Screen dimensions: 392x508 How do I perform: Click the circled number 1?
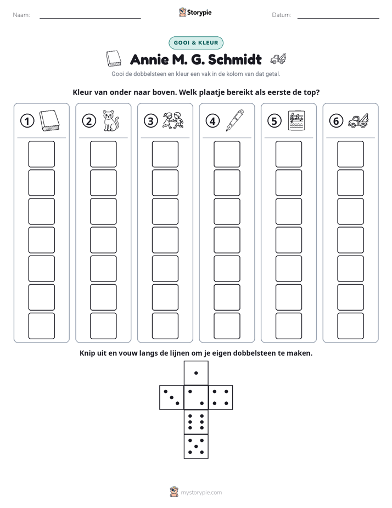[x=27, y=121]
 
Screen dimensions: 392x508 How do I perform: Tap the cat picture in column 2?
[x=110, y=120]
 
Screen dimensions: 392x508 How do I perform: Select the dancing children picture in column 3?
[x=173, y=120]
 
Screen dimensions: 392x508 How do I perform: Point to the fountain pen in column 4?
[x=235, y=120]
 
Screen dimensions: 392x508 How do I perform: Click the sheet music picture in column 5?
[x=296, y=120]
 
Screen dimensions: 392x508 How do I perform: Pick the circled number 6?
[x=336, y=121]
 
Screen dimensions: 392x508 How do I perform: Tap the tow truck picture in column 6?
[x=359, y=120]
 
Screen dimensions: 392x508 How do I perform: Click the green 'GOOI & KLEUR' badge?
[x=196, y=43]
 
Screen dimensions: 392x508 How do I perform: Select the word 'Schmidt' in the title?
[x=235, y=59]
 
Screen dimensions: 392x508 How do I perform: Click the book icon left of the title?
[x=114, y=59]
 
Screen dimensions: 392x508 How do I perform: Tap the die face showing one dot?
[x=196, y=373]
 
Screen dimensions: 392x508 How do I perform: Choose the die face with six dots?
[x=196, y=422]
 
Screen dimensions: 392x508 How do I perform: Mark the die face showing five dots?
[x=196, y=446]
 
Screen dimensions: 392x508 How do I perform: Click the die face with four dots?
[x=221, y=397]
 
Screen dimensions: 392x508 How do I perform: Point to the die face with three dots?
[x=172, y=397]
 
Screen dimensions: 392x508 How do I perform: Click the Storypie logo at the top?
[x=195, y=12]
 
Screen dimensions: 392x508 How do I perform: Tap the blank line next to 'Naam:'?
[x=90, y=18]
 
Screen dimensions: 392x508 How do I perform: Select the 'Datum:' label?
[x=282, y=15]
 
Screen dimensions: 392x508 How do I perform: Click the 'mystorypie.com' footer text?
[x=201, y=493]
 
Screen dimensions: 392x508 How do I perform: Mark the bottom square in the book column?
[x=41, y=326]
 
